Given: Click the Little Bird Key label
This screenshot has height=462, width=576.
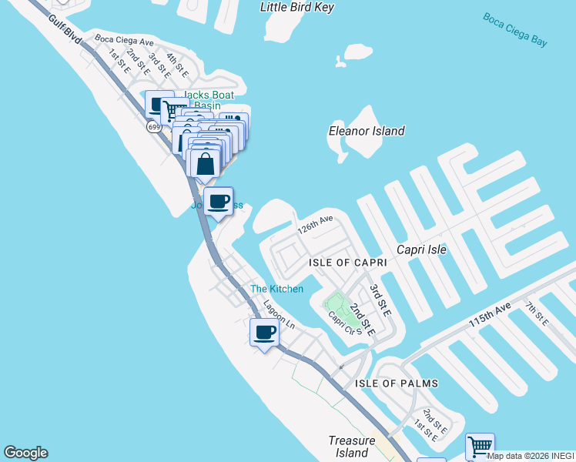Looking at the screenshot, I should (x=297, y=7).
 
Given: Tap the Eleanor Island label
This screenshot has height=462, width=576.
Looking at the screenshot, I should (x=367, y=131).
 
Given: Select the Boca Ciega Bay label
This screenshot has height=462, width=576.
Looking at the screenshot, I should (x=515, y=29).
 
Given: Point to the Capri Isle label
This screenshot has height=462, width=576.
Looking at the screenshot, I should (x=421, y=249).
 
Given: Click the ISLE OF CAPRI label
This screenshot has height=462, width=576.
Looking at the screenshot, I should (x=347, y=263).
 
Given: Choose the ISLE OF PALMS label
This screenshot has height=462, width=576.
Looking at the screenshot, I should (x=397, y=383).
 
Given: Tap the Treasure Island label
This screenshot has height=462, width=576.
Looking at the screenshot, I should (x=352, y=447).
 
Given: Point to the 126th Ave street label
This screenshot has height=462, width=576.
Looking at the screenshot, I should (x=316, y=225).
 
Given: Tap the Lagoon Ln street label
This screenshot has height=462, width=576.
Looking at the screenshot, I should (x=279, y=313).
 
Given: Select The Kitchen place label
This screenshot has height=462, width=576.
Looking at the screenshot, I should (x=276, y=289).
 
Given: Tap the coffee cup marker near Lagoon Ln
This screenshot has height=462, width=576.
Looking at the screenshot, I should (x=264, y=333).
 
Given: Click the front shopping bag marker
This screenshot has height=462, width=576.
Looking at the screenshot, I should (x=205, y=164).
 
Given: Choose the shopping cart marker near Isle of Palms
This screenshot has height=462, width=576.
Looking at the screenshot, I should (x=480, y=446).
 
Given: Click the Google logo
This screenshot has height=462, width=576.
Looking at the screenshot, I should (x=25, y=453).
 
